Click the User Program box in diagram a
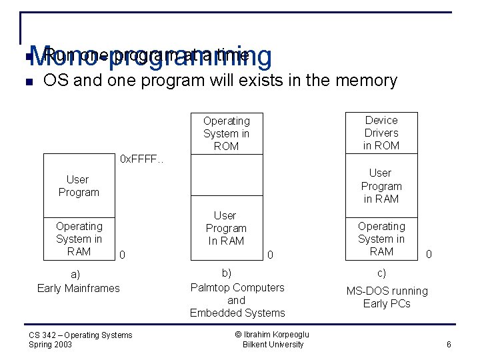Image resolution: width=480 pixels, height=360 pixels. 79,186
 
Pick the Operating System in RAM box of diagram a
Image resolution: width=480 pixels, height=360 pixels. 79,239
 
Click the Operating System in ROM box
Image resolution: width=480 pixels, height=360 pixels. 226,133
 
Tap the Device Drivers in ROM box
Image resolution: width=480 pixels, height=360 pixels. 381,133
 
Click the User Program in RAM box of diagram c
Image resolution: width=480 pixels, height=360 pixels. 381,186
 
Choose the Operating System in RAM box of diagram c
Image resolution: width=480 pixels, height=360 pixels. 381,239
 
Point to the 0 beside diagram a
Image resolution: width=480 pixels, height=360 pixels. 122,255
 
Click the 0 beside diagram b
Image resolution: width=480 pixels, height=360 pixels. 270,255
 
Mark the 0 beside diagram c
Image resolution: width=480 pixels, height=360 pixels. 429,254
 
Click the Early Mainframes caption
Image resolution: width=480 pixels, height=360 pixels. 79,288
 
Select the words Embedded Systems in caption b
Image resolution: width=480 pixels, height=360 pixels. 237,313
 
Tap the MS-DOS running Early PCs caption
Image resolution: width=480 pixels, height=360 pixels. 387,297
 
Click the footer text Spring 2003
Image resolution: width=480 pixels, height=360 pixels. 51,345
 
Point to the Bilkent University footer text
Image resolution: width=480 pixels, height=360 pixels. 273,345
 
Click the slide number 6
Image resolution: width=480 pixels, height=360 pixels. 449,345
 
